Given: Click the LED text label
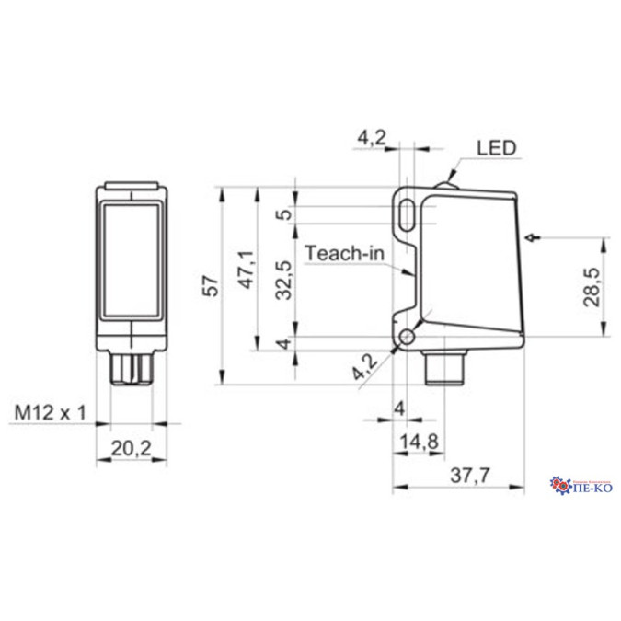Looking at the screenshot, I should point(497,147).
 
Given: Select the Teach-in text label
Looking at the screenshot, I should point(343,252).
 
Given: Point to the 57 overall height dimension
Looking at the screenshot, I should point(211,286).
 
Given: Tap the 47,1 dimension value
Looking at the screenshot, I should point(246,270).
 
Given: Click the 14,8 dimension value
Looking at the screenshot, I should point(420,443).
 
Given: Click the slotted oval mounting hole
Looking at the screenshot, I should point(406,213).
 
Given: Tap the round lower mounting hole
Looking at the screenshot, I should point(407,339).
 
